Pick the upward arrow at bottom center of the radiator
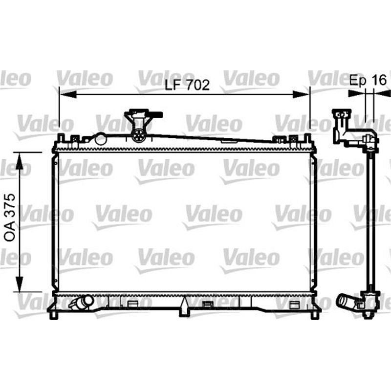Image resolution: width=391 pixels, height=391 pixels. pos(184,306)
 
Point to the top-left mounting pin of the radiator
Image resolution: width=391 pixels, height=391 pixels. pos(61,138)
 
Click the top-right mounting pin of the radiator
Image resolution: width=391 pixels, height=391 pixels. pos(307,138)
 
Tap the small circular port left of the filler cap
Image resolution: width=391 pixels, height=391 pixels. pos(101,139)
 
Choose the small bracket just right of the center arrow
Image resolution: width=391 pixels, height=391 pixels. pos(207,305)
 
